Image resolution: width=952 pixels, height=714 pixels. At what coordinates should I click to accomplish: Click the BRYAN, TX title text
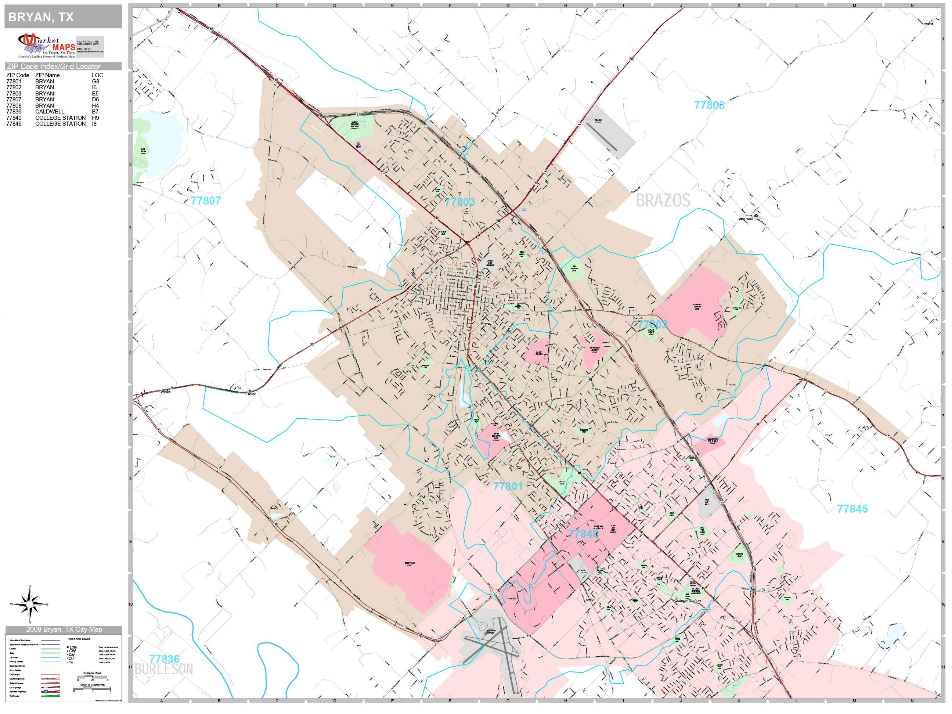pyautogui.click(x=41, y=17)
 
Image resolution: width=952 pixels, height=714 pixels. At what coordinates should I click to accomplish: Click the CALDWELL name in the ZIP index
pyautogui.click(x=50, y=111)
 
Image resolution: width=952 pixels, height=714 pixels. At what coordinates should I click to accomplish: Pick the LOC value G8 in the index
pyautogui.click(x=95, y=81)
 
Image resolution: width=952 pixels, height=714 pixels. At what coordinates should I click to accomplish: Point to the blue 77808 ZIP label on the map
pyautogui.click(x=709, y=105)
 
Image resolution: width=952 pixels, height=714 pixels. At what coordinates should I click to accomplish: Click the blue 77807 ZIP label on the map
pyautogui.click(x=206, y=201)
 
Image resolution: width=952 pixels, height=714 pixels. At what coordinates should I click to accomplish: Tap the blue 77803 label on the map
pyautogui.click(x=459, y=201)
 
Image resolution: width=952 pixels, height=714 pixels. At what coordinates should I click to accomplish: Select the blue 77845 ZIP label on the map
pyautogui.click(x=852, y=509)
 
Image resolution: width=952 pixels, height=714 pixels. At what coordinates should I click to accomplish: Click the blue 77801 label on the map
pyautogui.click(x=508, y=486)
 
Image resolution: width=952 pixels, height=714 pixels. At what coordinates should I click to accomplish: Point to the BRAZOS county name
pyautogui.click(x=663, y=201)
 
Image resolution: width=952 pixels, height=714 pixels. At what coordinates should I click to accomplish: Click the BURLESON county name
pyautogui.click(x=163, y=669)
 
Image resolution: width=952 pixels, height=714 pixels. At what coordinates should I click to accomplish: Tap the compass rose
pyautogui.click(x=29, y=604)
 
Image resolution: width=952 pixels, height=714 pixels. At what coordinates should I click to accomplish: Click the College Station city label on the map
pyautogui.click(x=687, y=601)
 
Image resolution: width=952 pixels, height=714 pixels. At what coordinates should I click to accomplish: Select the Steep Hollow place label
pyautogui.click(x=746, y=219)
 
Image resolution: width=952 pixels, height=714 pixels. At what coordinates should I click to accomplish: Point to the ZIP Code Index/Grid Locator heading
pyautogui.click(x=53, y=66)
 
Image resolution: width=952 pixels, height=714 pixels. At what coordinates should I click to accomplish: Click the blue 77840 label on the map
pyautogui.click(x=583, y=534)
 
